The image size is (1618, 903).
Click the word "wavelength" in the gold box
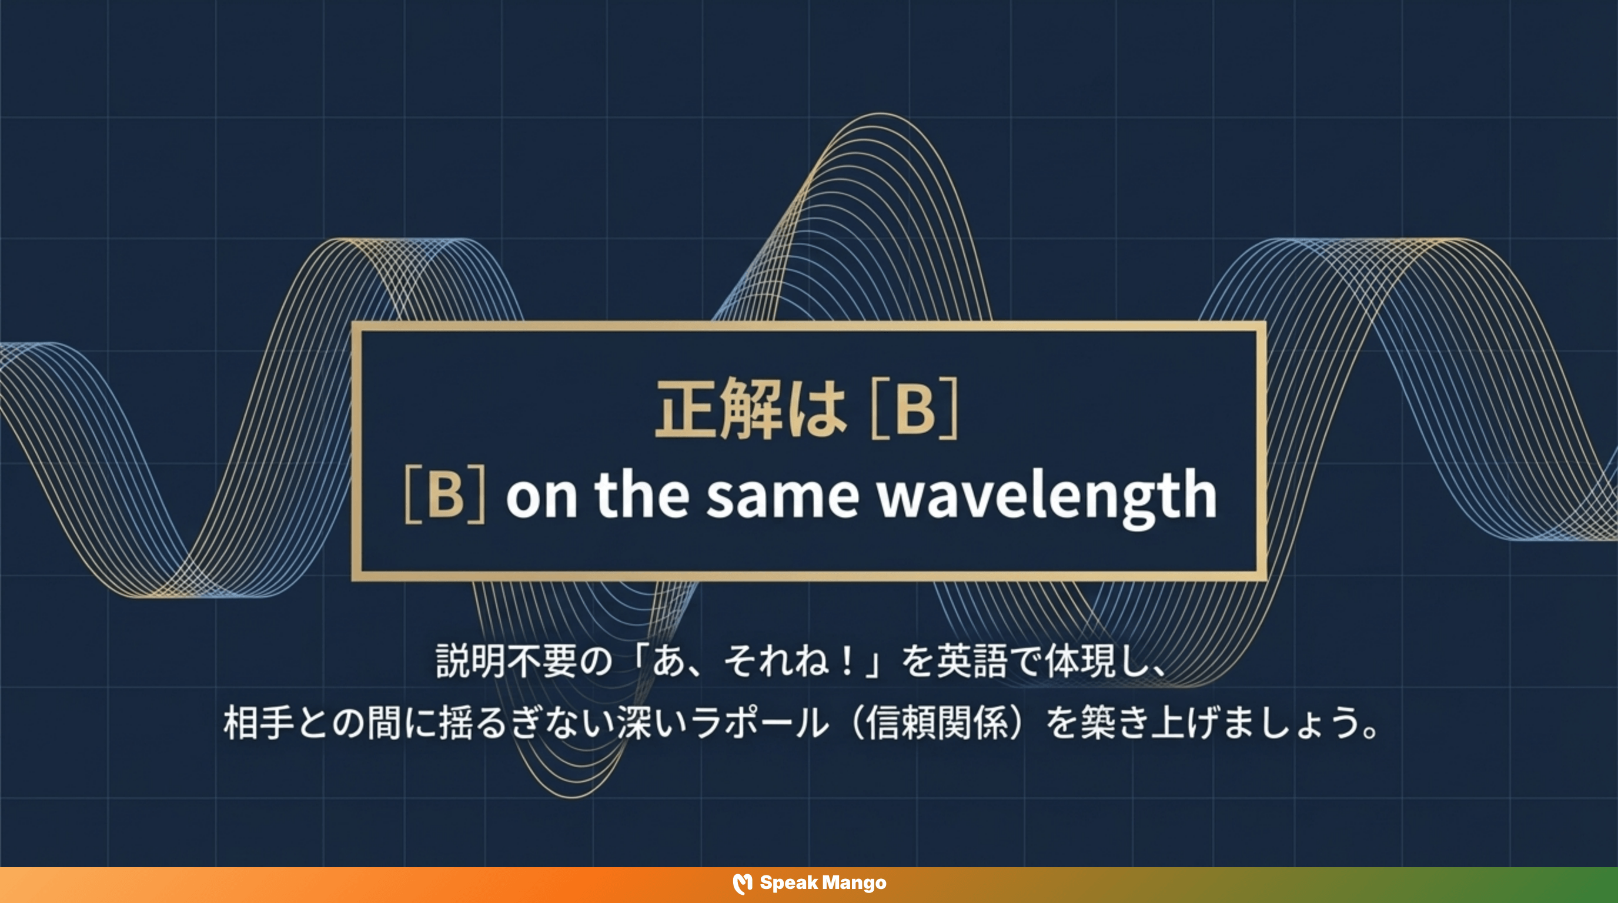(x=1047, y=496)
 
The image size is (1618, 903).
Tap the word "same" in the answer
(x=782, y=496)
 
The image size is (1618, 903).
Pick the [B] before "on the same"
(x=444, y=495)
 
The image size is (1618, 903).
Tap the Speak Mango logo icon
(x=743, y=884)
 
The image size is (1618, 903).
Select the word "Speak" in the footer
(x=788, y=883)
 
